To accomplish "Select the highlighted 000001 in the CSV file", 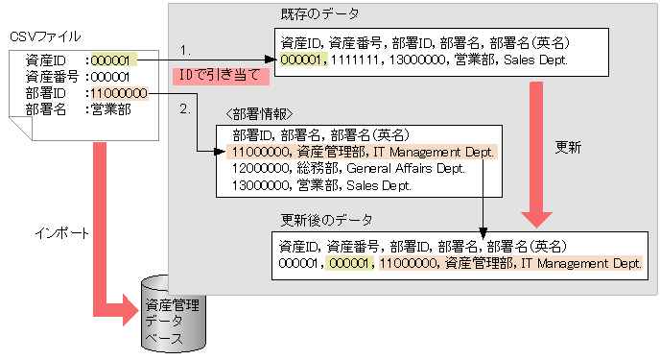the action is [x=110, y=59].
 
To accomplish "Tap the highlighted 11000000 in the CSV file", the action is [x=118, y=93].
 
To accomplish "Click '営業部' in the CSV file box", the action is [x=110, y=109].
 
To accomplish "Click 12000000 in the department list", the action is [x=258, y=168].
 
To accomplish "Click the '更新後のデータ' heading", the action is [x=326, y=219].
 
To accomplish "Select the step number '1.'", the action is [x=186, y=46].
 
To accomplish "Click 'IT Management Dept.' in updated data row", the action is [x=581, y=262].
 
